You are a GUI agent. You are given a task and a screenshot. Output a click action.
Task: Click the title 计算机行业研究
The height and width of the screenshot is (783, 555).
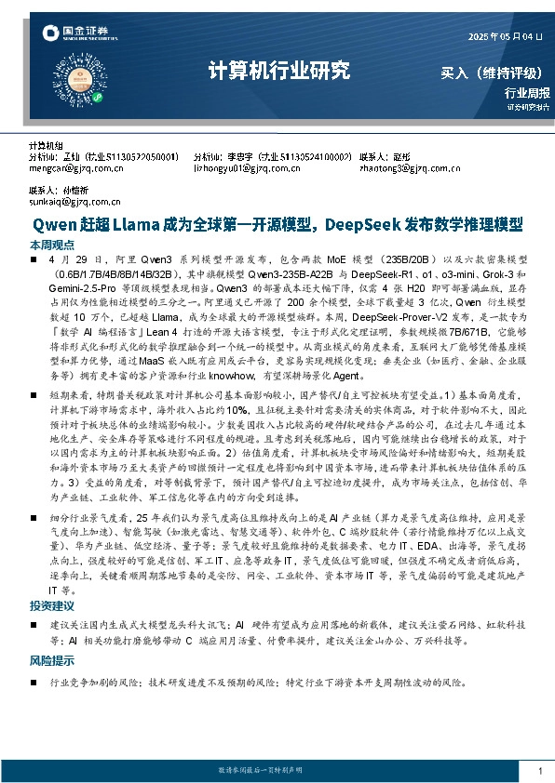pyautogui.click(x=277, y=71)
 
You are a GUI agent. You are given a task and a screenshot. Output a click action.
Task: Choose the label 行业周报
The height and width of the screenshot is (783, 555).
pyautogui.click(x=527, y=92)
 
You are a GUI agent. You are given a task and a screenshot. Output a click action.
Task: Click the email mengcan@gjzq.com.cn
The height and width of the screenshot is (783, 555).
pyautogui.click(x=76, y=169)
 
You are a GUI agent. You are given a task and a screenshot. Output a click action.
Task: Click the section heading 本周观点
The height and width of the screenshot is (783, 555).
pyautogui.click(x=52, y=245)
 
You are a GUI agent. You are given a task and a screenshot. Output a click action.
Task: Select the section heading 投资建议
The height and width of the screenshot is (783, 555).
pyautogui.click(x=52, y=605)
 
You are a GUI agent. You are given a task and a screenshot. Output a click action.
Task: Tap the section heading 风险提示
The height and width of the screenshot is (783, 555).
pyautogui.click(x=52, y=661)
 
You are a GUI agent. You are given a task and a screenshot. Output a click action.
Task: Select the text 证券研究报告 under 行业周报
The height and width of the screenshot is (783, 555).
pyautogui.click(x=528, y=108)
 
